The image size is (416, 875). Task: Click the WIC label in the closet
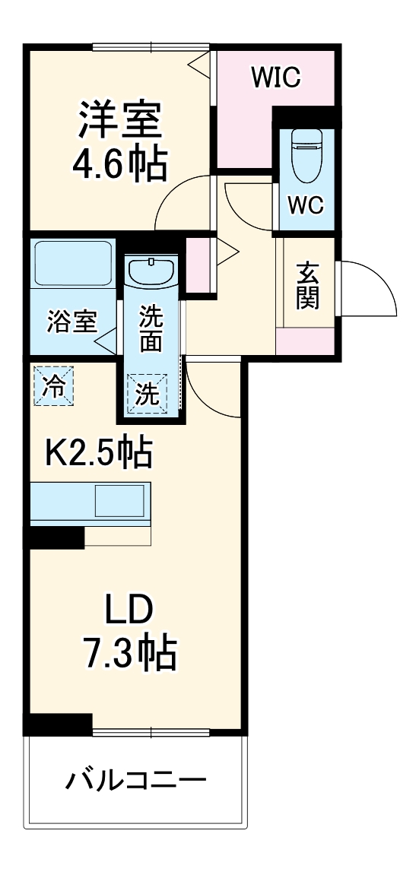pos(278,76)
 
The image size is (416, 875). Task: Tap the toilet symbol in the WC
pos(307,157)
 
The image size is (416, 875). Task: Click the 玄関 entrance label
pos(306,285)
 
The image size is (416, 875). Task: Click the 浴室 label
pos(71,322)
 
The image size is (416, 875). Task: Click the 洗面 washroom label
pos(151,329)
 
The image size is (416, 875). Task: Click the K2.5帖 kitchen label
pos(99,453)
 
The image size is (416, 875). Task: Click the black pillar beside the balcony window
pos(59,724)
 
